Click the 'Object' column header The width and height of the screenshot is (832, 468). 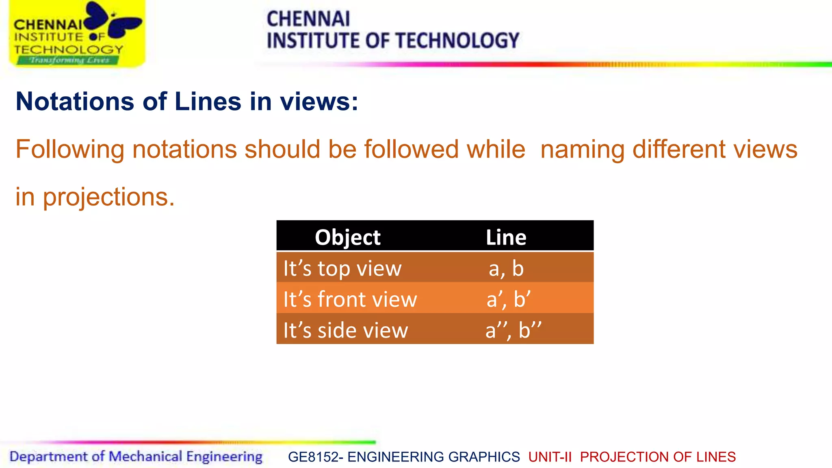pyautogui.click(x=348, y=237)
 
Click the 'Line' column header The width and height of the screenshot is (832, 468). pyautogui.click(x=506, y=237)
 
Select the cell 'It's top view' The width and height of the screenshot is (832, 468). pyautogui.click(x=342, y=269)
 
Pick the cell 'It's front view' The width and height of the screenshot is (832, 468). pyautogui.click(x=350, y=299)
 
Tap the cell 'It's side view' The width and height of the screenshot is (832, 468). pyautogui.click(x=346, y=330)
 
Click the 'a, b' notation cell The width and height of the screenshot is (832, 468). pyautogui.click(x=506, y=269)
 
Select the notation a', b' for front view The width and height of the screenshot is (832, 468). pyautogui.click(x=508, y=299)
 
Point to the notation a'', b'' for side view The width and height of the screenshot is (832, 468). pyautogui.click(x=513, y=330)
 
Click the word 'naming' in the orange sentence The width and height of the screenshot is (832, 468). pyautogui.click(x=582, y=149)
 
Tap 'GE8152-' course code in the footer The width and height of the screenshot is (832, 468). pyautogui.click(x=315, y=457)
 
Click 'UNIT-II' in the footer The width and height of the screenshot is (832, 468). pyautogui.click(x=550, y=457)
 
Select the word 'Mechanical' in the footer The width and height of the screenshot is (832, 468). pyautogui.click(x=145, y=457)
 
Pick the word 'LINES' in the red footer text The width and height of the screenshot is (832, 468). pyautogui.click(x=716, y=457)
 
